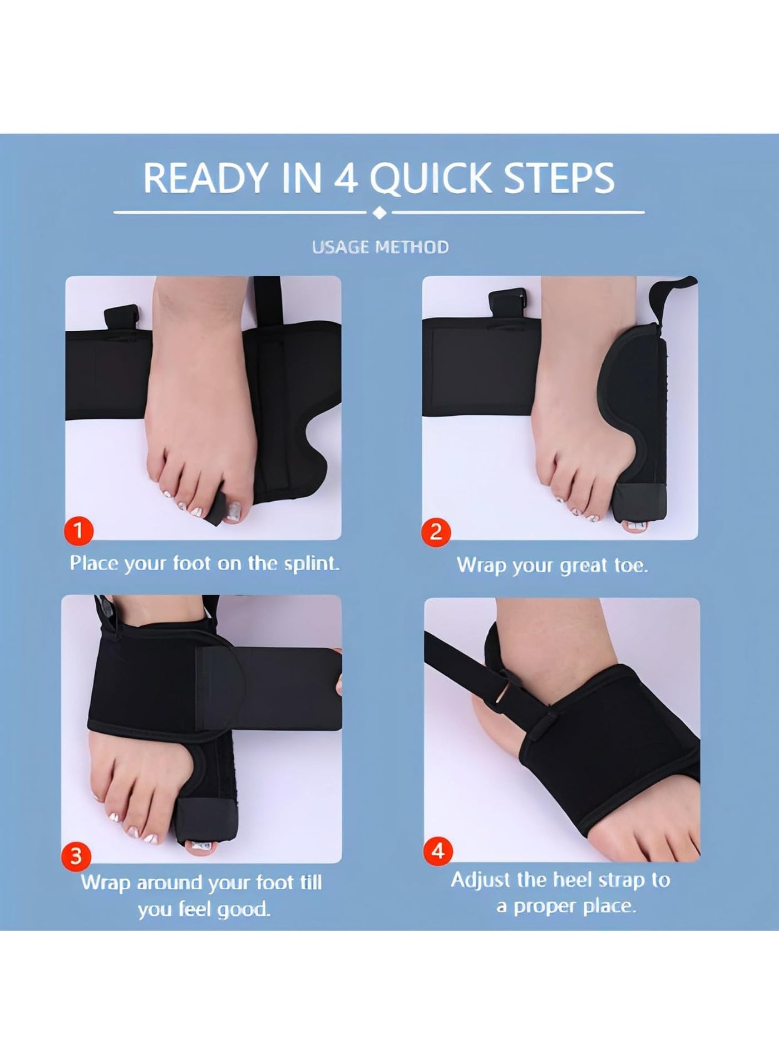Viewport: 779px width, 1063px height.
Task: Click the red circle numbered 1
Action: [x=78, y=530]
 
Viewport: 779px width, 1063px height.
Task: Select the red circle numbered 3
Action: [x=76, y=856]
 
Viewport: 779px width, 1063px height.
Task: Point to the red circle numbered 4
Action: [x=438, y=851]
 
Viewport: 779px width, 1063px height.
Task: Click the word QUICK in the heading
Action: [x=429, y=178]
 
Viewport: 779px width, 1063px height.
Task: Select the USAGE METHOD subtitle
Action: [x=380, y=247]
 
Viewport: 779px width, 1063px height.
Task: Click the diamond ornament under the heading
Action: [x=379, y=213]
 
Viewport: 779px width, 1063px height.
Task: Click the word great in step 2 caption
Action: [x=584, y=566]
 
